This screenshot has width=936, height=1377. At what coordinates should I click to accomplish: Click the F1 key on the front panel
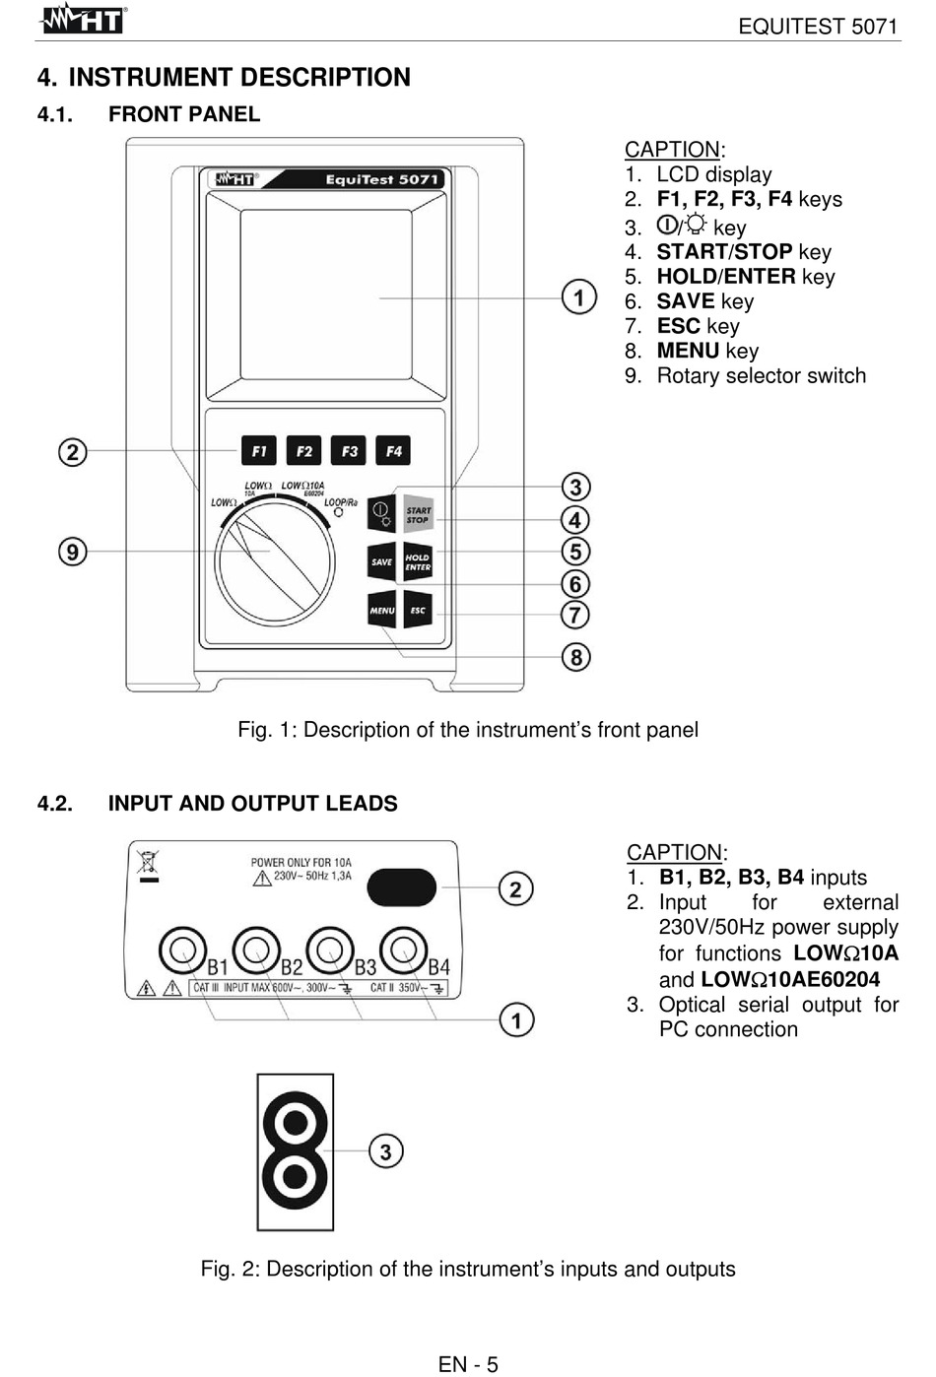coord(258,451)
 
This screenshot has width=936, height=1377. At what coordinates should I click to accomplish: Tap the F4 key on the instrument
coord(394,451)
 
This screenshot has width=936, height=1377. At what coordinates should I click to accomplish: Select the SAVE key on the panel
coord(381,561)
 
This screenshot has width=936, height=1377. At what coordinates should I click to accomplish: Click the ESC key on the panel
coord(418,611)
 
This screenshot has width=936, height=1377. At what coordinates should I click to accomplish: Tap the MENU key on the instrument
coord(381,611)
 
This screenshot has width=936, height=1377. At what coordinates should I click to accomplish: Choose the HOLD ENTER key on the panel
coord(418,561)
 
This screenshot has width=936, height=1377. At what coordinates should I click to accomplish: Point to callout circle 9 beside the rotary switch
coord(72,552)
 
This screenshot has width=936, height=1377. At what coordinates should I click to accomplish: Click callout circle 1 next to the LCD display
coord(578,297)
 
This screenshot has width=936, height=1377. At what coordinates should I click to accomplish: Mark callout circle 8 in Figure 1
coord(576,657)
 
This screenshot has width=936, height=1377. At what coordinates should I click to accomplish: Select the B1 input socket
coord(182,951)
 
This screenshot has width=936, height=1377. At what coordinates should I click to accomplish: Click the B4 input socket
coord(403,951)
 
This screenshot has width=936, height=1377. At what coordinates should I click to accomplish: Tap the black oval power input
coord(402,887)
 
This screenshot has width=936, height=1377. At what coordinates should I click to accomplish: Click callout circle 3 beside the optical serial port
coord(385,1151)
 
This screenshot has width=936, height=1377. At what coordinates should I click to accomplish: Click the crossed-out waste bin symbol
coord(148,864)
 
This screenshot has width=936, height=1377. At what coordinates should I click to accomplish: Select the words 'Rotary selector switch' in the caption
coord(761,376)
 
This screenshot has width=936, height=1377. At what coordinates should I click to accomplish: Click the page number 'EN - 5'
coord(468,1364)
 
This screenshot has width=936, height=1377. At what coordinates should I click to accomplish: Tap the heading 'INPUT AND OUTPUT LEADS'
coord(252,804)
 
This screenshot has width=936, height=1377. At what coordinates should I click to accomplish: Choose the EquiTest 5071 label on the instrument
coord(381,179)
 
